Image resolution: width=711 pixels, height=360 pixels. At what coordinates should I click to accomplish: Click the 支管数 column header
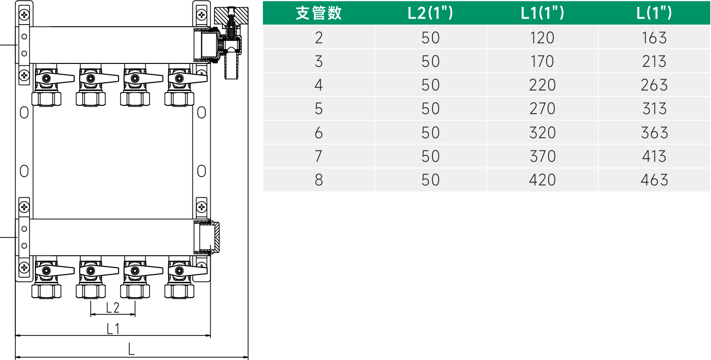tap(318, 13)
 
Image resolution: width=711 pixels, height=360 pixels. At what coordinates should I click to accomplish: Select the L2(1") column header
tap(431, 13)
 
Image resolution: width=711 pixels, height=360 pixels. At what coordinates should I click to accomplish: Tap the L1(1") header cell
tap(542, 13)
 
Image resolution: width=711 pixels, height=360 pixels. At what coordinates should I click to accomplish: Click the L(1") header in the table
tap(654, 13)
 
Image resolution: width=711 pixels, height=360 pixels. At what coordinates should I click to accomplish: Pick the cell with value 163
tap(654, 37)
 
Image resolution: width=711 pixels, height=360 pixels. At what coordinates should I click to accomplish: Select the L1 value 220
tap(542, 85)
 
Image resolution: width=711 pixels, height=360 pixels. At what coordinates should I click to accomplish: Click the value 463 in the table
tap(654, 180)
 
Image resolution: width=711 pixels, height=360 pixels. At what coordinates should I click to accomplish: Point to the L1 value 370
tap(542, 156)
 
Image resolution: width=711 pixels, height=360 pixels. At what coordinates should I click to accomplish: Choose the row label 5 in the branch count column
tap(318, 109)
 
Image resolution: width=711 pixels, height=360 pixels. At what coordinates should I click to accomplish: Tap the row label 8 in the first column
tap(318, 180)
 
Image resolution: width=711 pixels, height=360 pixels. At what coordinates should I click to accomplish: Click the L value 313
tap(654, 109)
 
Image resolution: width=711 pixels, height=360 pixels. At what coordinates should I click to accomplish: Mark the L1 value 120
tap(542, 37)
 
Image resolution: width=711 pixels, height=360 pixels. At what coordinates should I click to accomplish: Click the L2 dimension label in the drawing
tap(113, 308)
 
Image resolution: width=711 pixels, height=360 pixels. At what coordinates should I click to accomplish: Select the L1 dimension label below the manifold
tap(113, 329)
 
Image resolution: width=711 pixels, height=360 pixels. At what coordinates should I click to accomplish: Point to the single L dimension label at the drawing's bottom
tap(131, 350)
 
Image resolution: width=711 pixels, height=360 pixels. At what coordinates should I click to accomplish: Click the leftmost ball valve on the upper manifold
tap(47, 79)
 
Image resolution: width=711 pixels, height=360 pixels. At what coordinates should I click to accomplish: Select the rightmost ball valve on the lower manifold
tap(180, 270)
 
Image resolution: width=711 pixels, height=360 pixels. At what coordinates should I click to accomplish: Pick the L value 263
tap(654, 85)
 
